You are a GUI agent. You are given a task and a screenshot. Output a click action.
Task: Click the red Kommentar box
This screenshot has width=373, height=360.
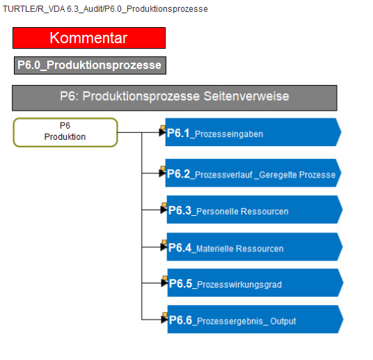[89, 38]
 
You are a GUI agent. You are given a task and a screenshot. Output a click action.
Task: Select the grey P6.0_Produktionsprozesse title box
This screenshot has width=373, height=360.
[90, 65]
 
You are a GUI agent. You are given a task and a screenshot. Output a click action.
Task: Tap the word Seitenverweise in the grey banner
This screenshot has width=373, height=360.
[246, 96]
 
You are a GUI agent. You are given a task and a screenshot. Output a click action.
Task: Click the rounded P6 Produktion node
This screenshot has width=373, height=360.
[65, 132]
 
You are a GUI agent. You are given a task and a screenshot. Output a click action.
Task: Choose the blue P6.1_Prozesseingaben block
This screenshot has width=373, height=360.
[253, 132]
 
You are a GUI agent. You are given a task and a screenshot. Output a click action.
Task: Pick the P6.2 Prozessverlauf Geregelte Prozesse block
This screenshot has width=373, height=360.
[253, 173]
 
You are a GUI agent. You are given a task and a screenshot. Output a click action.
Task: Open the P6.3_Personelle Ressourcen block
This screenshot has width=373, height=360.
[255, 210]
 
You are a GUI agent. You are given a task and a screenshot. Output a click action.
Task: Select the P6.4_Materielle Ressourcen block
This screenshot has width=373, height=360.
[255, 247]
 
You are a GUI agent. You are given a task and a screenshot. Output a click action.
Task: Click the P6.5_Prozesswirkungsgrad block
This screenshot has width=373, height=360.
[255, 283]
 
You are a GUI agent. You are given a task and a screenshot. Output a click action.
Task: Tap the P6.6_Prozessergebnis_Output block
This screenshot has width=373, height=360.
[255, 320]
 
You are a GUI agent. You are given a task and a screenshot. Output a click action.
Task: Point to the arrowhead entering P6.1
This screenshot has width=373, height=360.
[162, 132]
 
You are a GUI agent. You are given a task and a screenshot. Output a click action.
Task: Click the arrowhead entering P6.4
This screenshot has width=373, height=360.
[164, 247]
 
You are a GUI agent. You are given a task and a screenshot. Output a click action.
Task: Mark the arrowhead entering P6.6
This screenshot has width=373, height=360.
[164, 320]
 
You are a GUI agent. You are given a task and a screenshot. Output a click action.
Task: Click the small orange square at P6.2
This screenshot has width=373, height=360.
[163, 169]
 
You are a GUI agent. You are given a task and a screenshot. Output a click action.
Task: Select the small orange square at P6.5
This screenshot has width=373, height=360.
[165, 278]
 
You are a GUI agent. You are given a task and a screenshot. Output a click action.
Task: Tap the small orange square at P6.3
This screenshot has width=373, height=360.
[164, 205]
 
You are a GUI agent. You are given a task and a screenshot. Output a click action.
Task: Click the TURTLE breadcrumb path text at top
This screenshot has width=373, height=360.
[105, 9]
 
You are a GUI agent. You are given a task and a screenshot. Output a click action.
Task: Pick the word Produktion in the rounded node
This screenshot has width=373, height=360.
[65, 137]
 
